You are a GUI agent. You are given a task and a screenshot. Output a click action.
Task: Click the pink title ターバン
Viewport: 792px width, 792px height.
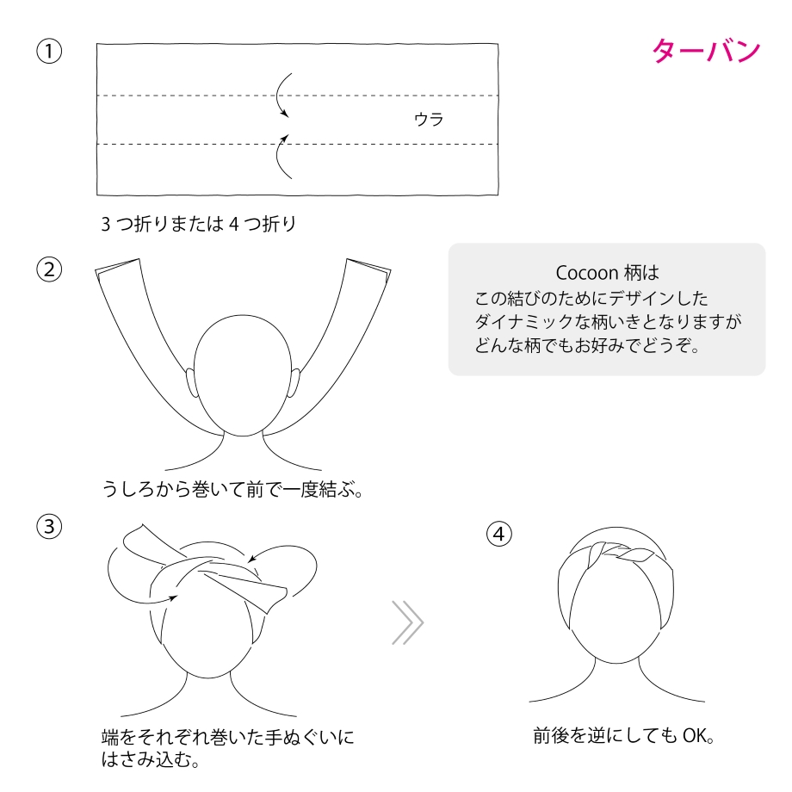(706, 51)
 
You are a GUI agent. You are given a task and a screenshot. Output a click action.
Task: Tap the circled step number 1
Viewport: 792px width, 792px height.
(49, 51)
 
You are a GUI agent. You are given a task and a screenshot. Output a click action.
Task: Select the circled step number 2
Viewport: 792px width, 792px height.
(49, 269)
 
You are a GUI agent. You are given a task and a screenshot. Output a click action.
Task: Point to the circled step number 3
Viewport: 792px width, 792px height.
(49, 526)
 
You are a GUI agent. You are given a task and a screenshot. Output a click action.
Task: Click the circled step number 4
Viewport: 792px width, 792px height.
(499, 534)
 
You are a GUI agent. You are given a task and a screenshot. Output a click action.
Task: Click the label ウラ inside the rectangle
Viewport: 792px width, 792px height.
(429, 120)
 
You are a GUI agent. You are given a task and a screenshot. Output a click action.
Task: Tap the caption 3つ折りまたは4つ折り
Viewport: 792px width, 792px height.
(199, 224)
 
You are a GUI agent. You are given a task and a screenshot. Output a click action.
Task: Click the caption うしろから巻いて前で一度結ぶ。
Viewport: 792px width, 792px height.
(232, 489)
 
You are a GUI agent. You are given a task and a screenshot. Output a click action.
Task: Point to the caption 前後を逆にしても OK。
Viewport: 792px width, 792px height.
(624, 735)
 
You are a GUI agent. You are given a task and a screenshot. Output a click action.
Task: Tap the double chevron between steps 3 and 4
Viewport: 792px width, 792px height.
(408, 622)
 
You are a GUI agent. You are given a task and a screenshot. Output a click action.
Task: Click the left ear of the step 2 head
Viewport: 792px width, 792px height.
(191, 382)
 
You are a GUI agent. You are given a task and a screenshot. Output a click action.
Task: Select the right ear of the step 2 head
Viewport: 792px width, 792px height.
(294, 382)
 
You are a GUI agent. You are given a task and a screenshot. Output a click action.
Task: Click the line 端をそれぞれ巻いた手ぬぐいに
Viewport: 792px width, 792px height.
(228, 738)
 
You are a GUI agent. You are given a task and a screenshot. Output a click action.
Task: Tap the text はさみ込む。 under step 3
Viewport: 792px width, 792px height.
(150, 759)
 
